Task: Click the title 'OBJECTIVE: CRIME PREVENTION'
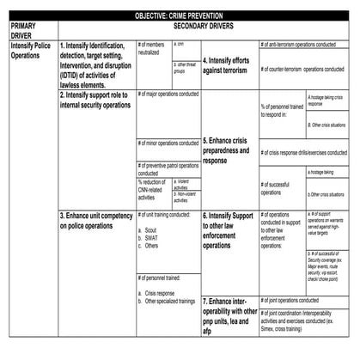point(180,16)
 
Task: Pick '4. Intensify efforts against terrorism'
point(228,66)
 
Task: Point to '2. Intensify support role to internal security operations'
point(95,101)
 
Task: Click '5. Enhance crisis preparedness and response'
point(228,149)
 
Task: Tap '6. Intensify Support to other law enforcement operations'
point(229,229)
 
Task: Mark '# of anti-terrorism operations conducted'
point(304,44)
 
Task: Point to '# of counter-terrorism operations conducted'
point(304,68)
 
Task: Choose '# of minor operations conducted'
point(168,143)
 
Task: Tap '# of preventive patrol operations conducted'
point(168,168)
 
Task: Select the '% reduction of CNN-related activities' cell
point(154,192)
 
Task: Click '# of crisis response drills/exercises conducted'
point(304,152)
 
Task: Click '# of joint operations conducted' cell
point(304,301)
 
